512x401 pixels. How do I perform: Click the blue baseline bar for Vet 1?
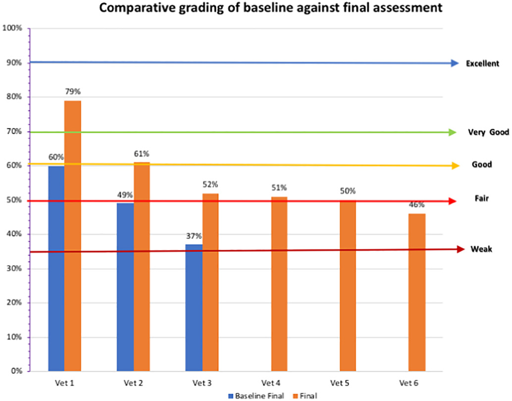56,268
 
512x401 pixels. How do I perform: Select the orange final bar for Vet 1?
72,236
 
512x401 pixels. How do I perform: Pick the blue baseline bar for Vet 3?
194,307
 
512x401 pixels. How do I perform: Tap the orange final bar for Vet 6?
417,292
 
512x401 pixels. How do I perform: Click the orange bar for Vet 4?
279,284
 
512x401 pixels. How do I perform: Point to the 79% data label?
73,92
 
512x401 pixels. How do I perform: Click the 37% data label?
194,236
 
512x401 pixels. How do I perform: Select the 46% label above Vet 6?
416,205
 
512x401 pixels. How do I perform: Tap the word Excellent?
482,63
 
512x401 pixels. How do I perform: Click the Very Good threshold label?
489,132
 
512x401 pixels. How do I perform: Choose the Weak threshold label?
481,249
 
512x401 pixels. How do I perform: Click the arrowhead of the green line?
453,132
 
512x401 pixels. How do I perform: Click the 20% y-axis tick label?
14,302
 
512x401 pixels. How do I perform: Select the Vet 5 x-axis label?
340,383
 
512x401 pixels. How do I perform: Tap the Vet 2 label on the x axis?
133,383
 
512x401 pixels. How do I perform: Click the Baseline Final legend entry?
256,396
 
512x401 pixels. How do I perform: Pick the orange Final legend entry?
306,396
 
